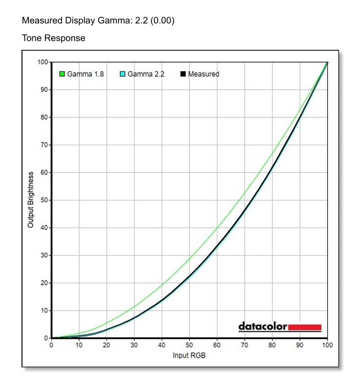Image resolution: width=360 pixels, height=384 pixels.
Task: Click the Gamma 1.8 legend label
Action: (x=85, y=74)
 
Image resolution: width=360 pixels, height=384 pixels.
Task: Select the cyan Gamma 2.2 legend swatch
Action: (x=123, y=74)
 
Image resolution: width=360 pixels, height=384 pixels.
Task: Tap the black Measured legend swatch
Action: (x=184, y=74)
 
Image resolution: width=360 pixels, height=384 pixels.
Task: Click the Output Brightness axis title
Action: (x=31, y=200)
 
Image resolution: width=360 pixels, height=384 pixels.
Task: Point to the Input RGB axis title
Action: (x=189, y=355)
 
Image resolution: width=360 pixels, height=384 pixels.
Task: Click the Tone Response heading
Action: (x=54, y=38)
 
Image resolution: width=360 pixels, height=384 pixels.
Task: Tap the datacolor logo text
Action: (x=263, y=326)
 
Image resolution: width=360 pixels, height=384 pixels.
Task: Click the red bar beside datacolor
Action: (x=305, y=327)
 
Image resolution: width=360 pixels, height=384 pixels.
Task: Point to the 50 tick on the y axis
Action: (x=44, y=200)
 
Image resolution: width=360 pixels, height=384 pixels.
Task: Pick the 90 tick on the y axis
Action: (x=44, y=89)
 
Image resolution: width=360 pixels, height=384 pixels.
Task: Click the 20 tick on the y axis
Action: (x=44, y=283)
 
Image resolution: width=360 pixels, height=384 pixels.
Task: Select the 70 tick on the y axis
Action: (x=44, y=145)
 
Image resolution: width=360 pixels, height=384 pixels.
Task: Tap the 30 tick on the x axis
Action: (x=134, y=345)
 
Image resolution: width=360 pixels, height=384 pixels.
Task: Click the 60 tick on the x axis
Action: (x=217, y=345)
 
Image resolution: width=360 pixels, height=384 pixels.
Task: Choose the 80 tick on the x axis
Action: (x=272, y=345)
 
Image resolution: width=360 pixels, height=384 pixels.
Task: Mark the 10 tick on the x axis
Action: (x=79, y=345)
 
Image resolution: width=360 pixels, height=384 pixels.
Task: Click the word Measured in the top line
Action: (x=42, y=21)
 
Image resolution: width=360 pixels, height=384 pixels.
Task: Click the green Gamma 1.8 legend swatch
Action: (x=62, y=74)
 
